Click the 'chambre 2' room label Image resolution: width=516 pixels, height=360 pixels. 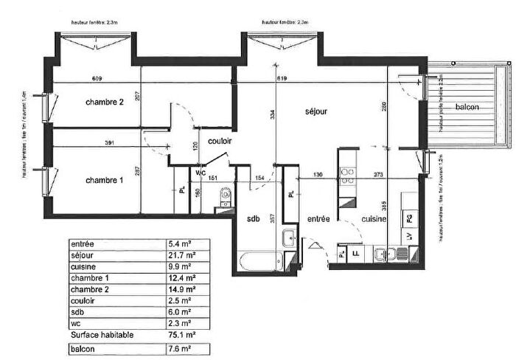[x=104, y=102]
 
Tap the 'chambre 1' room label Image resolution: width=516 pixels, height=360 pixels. [x=104, y=180]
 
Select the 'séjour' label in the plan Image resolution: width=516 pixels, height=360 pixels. [x=316, y=111]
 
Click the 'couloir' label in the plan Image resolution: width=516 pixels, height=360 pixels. [x=220, y=141]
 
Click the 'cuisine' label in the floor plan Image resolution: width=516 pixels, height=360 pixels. [x=375, y=219]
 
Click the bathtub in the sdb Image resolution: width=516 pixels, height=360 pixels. [x=259, y=260]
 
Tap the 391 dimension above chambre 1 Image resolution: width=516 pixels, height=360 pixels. [x=109, y=142]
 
